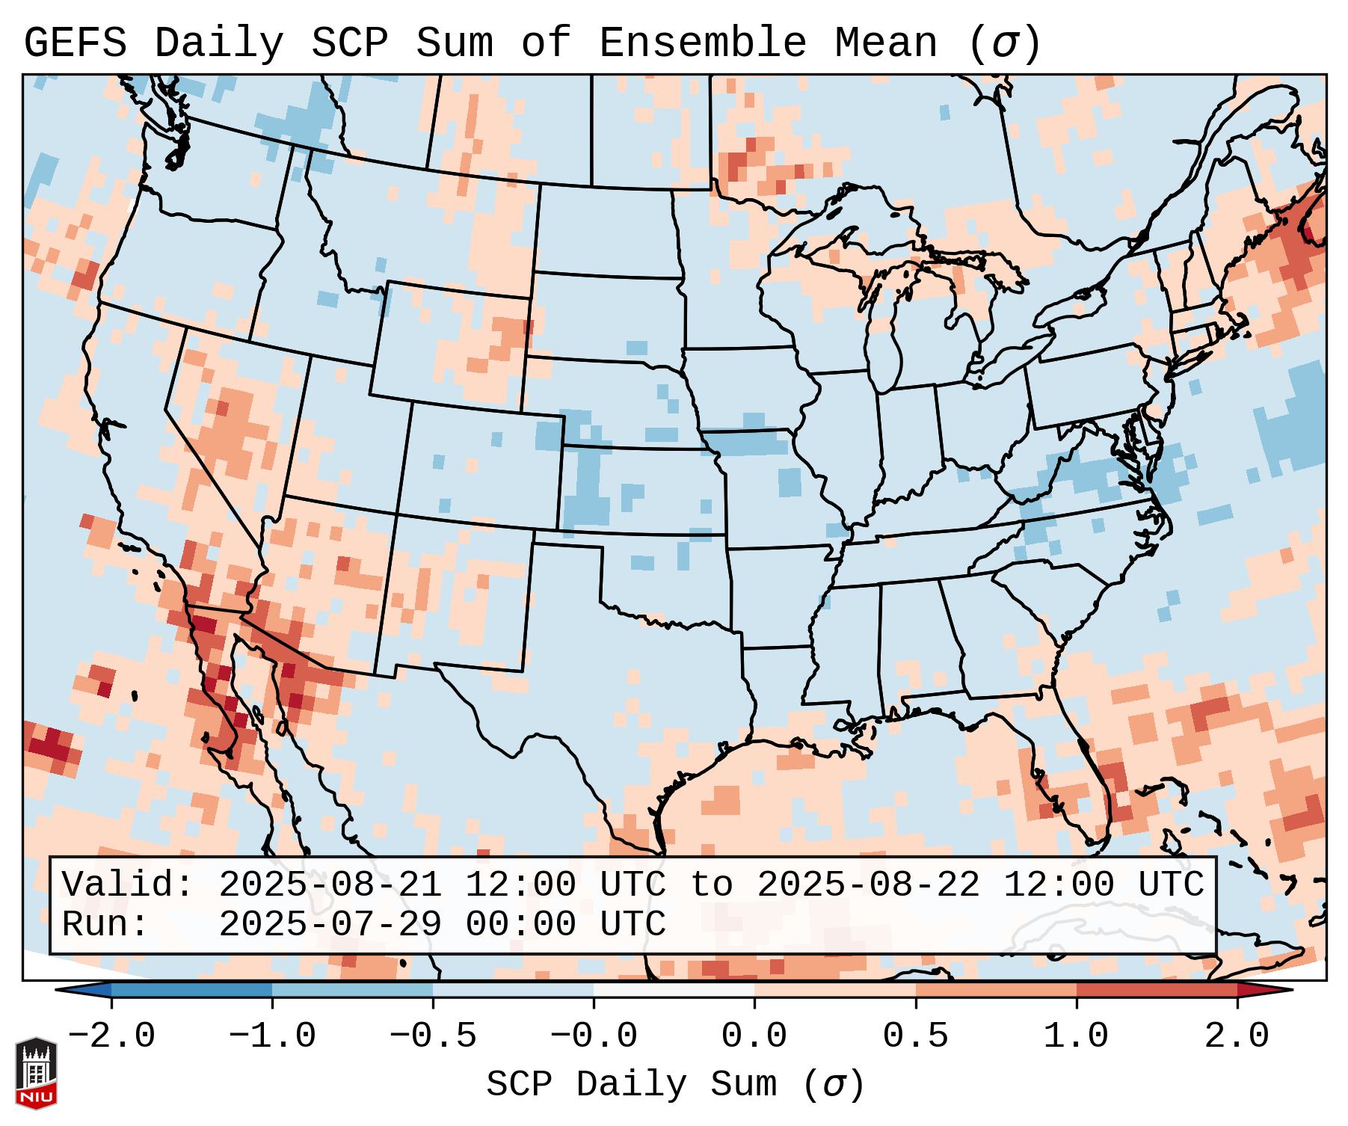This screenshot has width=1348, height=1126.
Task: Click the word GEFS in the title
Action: (x=76, y=43)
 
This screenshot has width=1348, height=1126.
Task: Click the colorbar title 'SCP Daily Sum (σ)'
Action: (x=675, y=1085)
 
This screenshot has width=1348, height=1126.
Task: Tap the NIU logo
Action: (x=36, y=1073)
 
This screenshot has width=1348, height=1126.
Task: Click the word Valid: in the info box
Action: (x=127, y=885)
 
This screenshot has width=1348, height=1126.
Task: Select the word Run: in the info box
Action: (x=105, y=925)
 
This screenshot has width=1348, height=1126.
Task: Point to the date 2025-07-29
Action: (x=330, y=925)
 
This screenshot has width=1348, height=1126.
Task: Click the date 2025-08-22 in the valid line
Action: (x=868, y=885)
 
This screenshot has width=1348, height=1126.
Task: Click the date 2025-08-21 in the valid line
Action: (x=330, y=885)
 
